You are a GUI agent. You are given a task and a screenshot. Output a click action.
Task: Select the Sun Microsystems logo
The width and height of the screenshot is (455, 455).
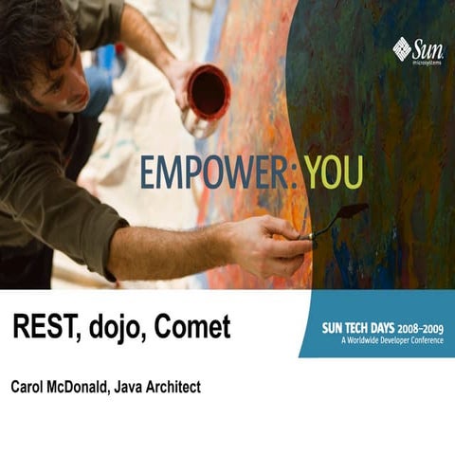click(x=417, y=49)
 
